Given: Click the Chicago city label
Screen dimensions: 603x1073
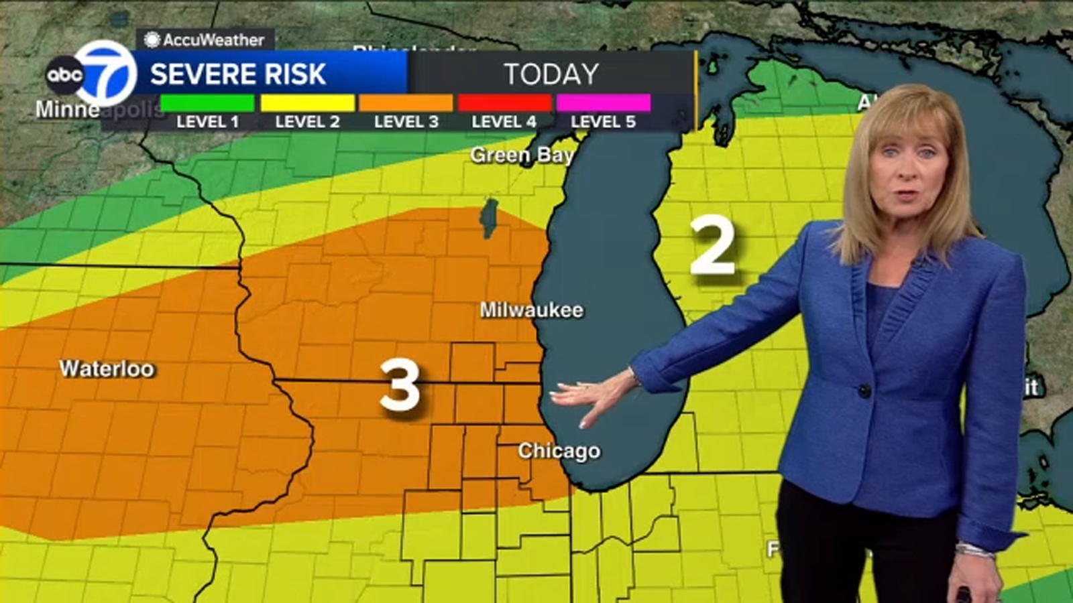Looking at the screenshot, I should [559, 451].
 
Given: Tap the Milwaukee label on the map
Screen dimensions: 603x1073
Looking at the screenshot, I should [531, 310].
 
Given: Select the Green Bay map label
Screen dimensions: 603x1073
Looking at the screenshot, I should [522, 155].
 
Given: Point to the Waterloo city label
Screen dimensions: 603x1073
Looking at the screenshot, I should [107, 368].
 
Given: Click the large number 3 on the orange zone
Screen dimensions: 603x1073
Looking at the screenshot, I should [400, 385].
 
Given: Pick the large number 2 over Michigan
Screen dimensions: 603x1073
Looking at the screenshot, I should [713, 247].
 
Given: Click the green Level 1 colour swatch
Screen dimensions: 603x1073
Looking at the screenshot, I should [207, 103].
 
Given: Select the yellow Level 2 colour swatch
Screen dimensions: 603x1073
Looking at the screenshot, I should [307, 103].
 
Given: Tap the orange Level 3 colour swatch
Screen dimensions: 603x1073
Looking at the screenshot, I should [406, 103].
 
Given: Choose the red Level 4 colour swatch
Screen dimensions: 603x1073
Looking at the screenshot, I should [504, 103].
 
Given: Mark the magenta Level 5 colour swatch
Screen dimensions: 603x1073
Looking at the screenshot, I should [603, 103].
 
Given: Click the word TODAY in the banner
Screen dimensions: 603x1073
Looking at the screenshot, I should [551, 74].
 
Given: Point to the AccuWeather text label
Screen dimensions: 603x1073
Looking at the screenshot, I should [213, 40].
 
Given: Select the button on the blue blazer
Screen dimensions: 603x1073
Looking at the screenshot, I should [864, 390].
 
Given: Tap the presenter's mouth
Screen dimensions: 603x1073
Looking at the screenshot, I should [905, 196].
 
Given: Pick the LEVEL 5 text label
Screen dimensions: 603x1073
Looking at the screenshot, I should [603, 122].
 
